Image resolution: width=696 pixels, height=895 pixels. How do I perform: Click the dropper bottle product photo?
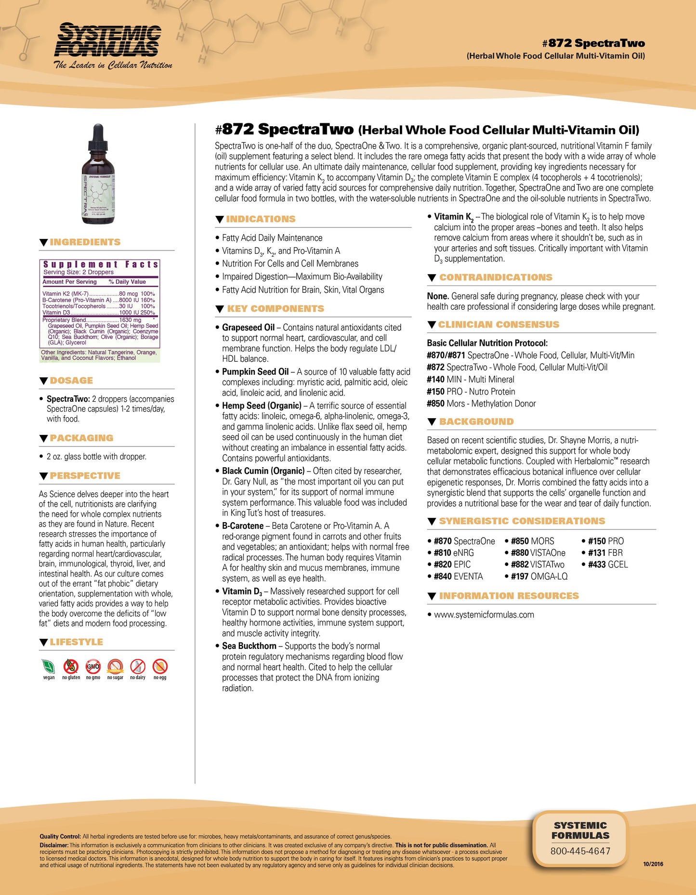pos(98,174)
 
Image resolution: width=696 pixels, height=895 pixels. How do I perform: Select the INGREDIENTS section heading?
pos(85,242)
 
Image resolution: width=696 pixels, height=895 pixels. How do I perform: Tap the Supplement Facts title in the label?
pos(101,264)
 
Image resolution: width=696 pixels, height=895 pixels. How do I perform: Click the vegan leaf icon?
pos(49,667)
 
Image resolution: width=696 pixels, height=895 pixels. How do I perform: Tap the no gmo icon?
pos(93,667)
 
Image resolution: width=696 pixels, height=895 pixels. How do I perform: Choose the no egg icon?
pos(160,667)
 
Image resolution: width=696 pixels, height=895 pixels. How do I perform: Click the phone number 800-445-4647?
pos(580,851)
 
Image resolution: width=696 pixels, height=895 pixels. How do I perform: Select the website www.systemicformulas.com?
pos(484,615)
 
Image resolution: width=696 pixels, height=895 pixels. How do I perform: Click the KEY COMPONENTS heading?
pos(276,309)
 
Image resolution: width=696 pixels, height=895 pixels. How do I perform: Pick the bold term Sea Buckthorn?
pos(249,646)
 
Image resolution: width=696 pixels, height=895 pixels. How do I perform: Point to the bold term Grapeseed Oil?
pos(248,328)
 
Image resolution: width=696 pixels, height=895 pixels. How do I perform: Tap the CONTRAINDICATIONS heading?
pos(496,277)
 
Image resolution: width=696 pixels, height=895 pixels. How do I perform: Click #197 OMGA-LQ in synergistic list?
pos(539,576)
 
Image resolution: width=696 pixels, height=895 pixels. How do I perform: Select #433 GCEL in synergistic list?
pos(607,565)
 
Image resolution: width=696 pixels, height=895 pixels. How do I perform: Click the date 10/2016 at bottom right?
pos(653,864)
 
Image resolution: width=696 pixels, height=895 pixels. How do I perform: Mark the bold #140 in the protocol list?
pos(435,380)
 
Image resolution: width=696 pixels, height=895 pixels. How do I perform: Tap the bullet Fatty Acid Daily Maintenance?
pos(272,238)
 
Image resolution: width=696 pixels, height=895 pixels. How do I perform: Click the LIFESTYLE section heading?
pos(76,642)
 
